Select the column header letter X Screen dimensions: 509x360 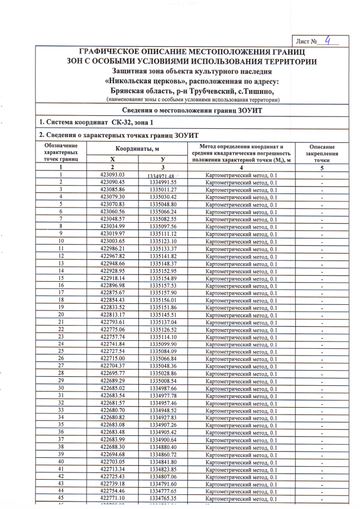pyautogui.click(x=112, y=159)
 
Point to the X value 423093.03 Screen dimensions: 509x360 pyautogui.click(x=112, y=175)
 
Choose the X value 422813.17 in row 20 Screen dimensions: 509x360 pyautogui.click(x=112, y=314)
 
